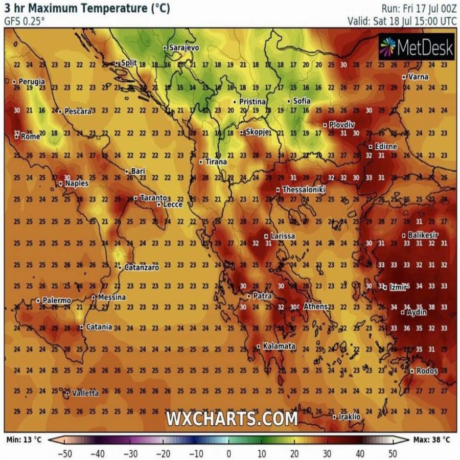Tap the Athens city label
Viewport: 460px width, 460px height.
pos(315,307)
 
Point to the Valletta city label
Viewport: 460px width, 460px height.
pos(85,393)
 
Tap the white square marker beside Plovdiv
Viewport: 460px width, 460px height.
pos(325,125)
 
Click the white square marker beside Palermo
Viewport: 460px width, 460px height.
pos(38,301)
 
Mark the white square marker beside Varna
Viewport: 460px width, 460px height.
pos(404,77)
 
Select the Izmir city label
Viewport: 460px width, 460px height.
pos(398,287)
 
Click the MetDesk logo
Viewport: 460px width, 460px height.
pos(417,48)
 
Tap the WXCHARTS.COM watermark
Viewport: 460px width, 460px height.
pos(232,419)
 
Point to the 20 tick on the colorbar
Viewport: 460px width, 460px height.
pos(294,453)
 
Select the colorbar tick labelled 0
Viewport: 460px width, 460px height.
pos(228,453)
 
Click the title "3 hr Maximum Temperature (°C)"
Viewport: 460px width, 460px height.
pos(87,9)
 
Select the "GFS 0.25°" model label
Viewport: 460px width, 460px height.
pos(25,21)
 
